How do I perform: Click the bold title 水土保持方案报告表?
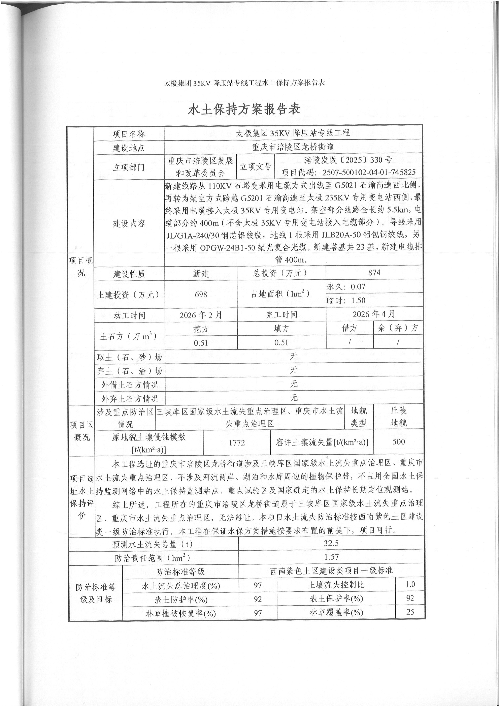point(244,109)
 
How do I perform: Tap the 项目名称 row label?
point(128,134)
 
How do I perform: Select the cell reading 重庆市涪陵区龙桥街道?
point(293,147)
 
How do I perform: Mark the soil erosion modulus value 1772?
point(237,443)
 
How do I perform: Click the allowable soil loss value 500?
point(399,442)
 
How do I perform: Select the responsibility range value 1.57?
point(331,557)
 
